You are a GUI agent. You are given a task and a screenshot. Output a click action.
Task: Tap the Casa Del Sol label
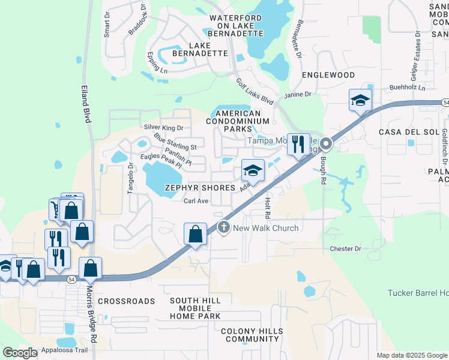[x=402, y=131]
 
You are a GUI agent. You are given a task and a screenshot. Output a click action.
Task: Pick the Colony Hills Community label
[x=250, y=335]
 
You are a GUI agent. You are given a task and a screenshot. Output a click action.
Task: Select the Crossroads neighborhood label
[x=126, y=301]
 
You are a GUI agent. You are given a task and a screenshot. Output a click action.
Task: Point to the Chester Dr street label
[x=345, y=248]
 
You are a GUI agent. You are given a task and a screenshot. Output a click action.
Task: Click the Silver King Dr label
[x=163, y=127]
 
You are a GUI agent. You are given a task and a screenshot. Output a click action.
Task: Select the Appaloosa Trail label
[x=65, y=350]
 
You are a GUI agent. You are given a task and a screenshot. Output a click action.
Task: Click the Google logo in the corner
[x=20, y=353]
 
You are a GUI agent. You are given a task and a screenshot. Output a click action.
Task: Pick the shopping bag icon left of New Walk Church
[x=196, y=233]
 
